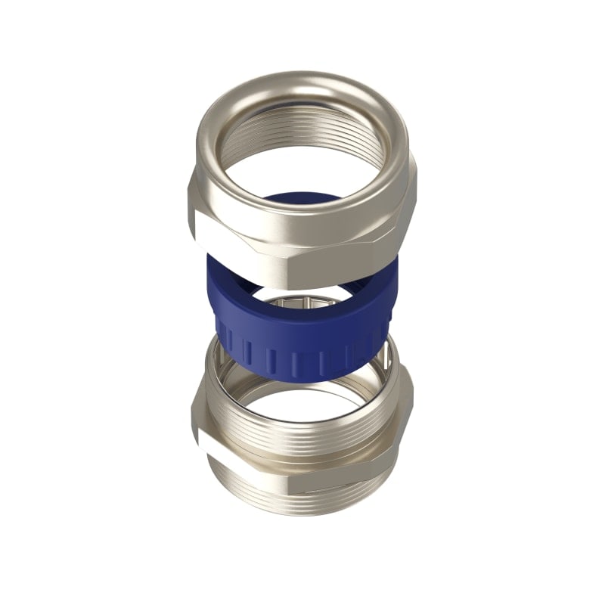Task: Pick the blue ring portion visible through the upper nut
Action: click(x=302, y=202)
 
